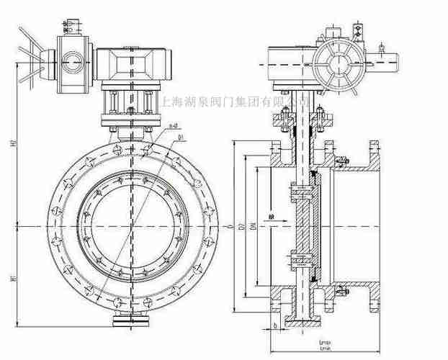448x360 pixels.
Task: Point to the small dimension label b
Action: (277, 326)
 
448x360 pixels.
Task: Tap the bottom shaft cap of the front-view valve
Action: (131, 320)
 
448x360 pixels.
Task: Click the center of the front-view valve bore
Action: (131, 228)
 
